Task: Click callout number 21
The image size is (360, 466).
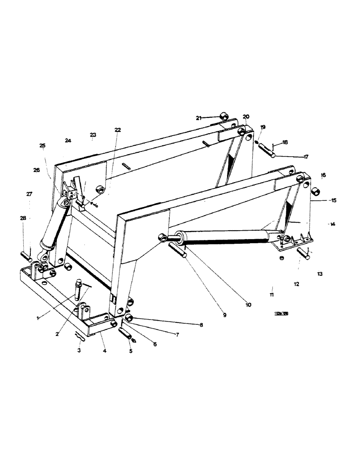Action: pyautogui.click(x=199, y=118)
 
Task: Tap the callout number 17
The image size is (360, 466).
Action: pyautogui.click(x=306, y=157)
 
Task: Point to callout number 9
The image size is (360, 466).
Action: pyautogui.click(x=224, y=315)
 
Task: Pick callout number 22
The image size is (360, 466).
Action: pyautogui.click(x=117, y=130)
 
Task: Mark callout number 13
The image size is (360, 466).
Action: pyautogui.click(x=319, y=274)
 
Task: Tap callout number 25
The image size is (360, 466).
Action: pyautogui.click(x=42, y=146)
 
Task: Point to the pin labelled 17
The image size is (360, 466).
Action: pyautogui.click(x=270, y=151)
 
